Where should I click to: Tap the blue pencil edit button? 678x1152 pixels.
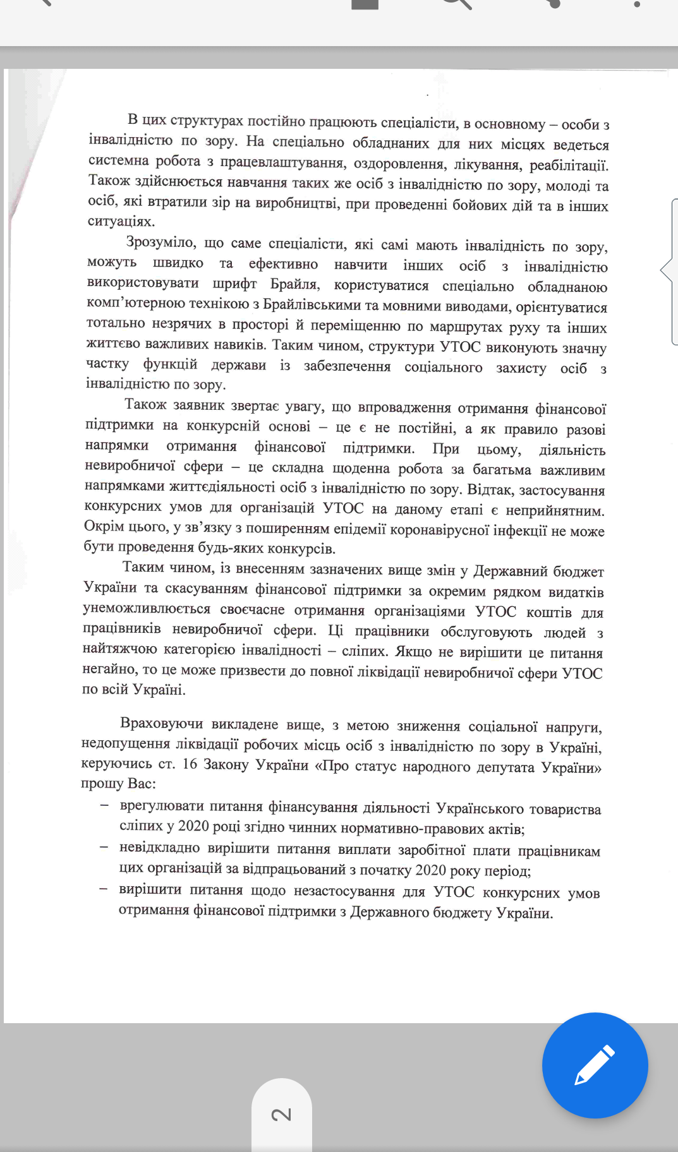point(595,1065)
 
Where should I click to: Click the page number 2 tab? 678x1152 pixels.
point(282,1115)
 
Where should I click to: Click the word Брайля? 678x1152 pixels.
point(294,284)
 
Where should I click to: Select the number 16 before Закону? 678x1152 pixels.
point(190,764)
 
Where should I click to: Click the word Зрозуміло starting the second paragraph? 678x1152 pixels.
point(162,242)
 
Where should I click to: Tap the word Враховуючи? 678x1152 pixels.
point(162,724)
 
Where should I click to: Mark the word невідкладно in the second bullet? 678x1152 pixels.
point(159,848)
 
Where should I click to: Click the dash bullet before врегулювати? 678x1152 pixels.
point(104,805)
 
